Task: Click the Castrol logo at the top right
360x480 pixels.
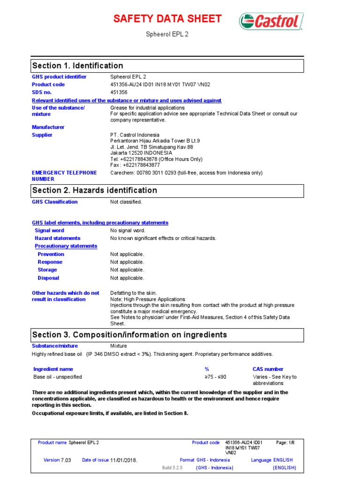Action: [271, 22]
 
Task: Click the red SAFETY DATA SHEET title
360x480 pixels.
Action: [168, 19]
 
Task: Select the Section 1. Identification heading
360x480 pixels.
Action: [77, 66]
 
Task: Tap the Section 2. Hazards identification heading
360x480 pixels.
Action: [94, 190]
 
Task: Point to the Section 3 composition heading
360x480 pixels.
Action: [129, 335]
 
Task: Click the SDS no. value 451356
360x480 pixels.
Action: [119, 92]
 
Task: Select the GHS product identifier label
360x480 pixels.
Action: [59, 77]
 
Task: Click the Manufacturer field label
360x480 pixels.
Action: [48, 127]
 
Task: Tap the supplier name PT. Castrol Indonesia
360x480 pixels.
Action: [135, 135]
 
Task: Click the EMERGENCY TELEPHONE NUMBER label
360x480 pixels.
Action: [64, 176]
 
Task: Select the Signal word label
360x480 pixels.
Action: [50, 231]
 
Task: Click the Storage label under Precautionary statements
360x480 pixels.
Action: [47, 270]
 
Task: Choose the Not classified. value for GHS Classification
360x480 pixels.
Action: [126, 202]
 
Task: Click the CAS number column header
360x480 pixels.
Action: [268, 369]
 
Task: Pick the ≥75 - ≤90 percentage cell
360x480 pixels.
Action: [215, 377]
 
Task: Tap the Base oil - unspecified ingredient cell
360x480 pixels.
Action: [58, 377]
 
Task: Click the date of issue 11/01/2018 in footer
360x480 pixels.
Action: [124, 460]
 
